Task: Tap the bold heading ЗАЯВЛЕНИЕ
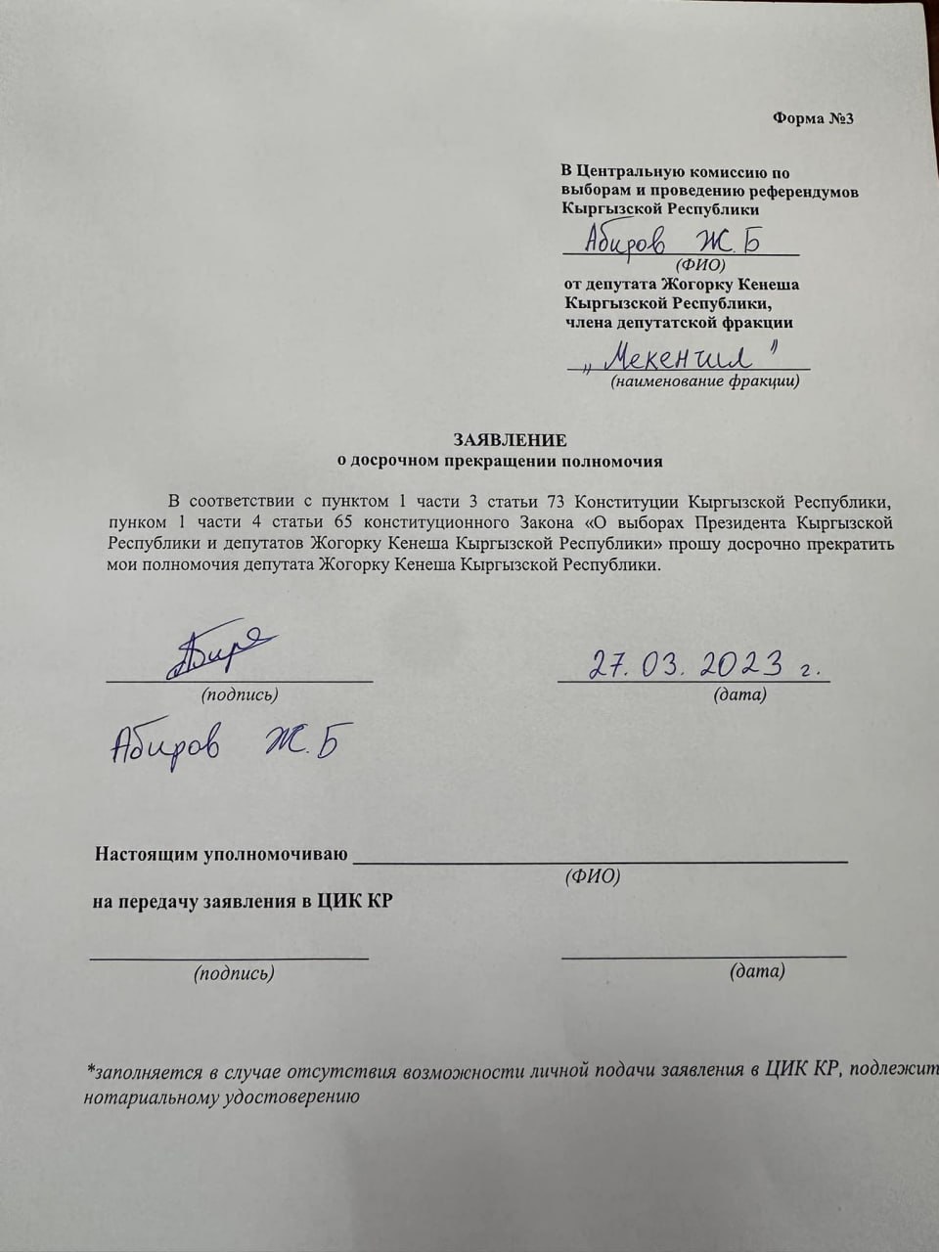(x=509, y=440)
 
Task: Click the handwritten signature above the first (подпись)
(x=223, y=652)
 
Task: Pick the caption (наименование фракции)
(x=705, y=381)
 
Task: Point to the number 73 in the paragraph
(x=556, y=500)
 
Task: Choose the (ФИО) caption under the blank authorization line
(x=593, y=876)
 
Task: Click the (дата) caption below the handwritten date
(x=739, y=694)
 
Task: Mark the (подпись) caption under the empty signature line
(x=234, y=973)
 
